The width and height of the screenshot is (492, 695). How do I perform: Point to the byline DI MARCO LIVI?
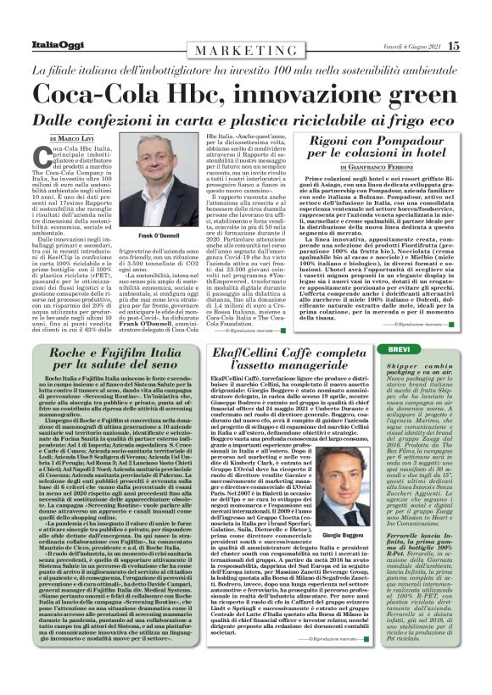point(72,138)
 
